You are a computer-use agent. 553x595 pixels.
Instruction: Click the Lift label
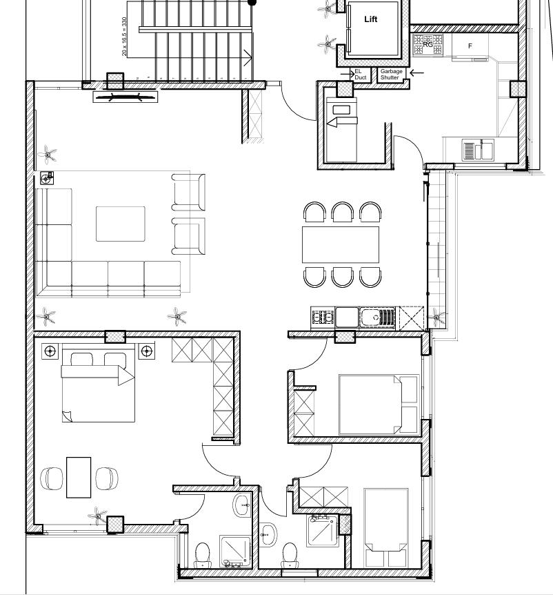pyautogui.click(x=371, y=19)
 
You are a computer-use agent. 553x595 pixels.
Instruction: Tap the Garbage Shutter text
pyautogui.click(x=391, y=74)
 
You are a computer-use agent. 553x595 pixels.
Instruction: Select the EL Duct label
pyautogui.click(x=360, y=74)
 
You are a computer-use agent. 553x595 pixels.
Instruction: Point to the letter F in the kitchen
pyautogui.click(x=470, y=46)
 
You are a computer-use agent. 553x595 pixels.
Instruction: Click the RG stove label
pyautogui.click(x=428, y=45)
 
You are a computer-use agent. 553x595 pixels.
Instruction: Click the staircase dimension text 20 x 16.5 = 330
pyautogui.click(x=124, y=37)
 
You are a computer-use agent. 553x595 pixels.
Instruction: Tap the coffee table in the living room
pyautogui.click(x=121, y=224)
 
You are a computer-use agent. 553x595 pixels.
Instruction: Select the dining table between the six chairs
pyautogui.click(x=341, y=245)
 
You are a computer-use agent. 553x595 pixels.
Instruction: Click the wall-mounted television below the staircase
pyautogui.click(x=125, y=97)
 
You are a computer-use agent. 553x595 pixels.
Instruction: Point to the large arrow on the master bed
pyautogui.click(x=98, y=375)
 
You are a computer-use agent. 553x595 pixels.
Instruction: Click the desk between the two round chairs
pyautogui.click(x=79, y=478)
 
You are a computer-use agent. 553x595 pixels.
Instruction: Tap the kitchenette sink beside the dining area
pyautogui.click(x=377, y=318)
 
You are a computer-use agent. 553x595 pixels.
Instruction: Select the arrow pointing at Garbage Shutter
pyautogui.click(x=416, y=72)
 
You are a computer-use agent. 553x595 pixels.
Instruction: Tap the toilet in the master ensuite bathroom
pyautogui.click(x=202, y=555)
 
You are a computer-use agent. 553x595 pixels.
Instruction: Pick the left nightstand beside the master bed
pyautogui.click(x=50, y=351)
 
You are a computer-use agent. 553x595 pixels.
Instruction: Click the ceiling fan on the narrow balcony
pyautogui.click(x=437, y=317)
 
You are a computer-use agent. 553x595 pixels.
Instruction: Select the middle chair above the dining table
pyautogui.click(x=342, y=212)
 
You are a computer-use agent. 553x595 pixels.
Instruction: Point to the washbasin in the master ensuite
pyautogui.click(x=242, y=505)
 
